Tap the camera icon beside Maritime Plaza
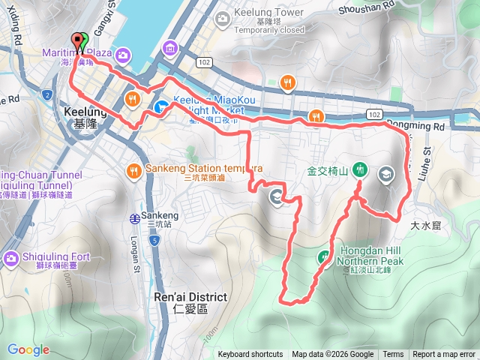point(121,54)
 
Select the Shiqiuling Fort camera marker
point(11,259)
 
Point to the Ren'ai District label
point(188,297)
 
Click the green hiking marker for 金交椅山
point(360,169)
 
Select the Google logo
point(28,349)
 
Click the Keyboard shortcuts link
point(250,355)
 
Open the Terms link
point(393,355)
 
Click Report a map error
point(444,355)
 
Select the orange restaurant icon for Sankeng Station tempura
point(133,169)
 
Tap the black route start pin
point(76,42)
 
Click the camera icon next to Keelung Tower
point(223,18)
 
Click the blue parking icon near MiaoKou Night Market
point(160,107)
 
